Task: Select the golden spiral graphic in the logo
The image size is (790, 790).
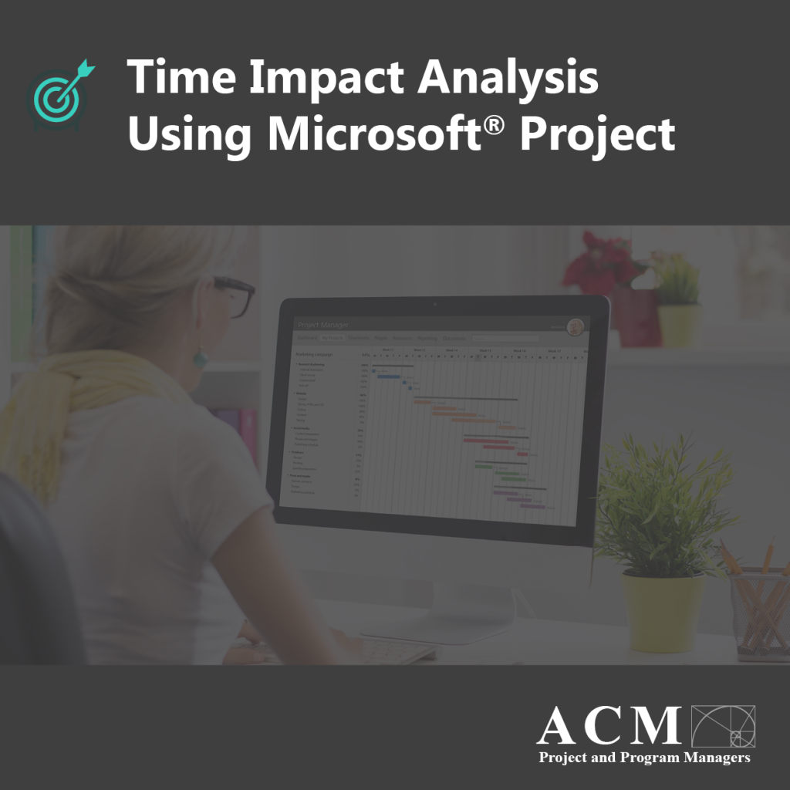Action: pyautogui.click(x=724, y=726)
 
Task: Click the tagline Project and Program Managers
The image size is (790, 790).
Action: pyautogui.click(x=644, y=758)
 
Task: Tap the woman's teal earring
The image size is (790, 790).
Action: pyautogui.click(x=200, y=356)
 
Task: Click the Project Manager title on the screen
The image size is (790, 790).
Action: pyautogui.click(x=323, y=325)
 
